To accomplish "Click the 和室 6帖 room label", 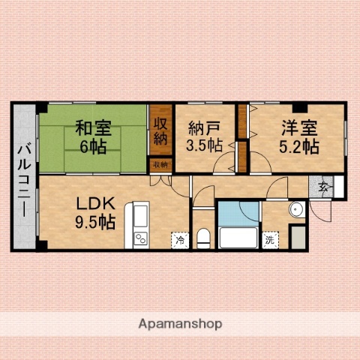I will (x=93, y=135).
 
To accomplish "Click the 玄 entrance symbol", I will (x=323, y=187).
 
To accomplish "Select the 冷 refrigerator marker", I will (x=180, y=240).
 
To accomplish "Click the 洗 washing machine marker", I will (x=269, y=240).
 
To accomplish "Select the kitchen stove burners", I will (x=140, y=240).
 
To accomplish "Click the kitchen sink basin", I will (x=140, y=218).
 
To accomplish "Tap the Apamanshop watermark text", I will (x=179, y=325).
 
